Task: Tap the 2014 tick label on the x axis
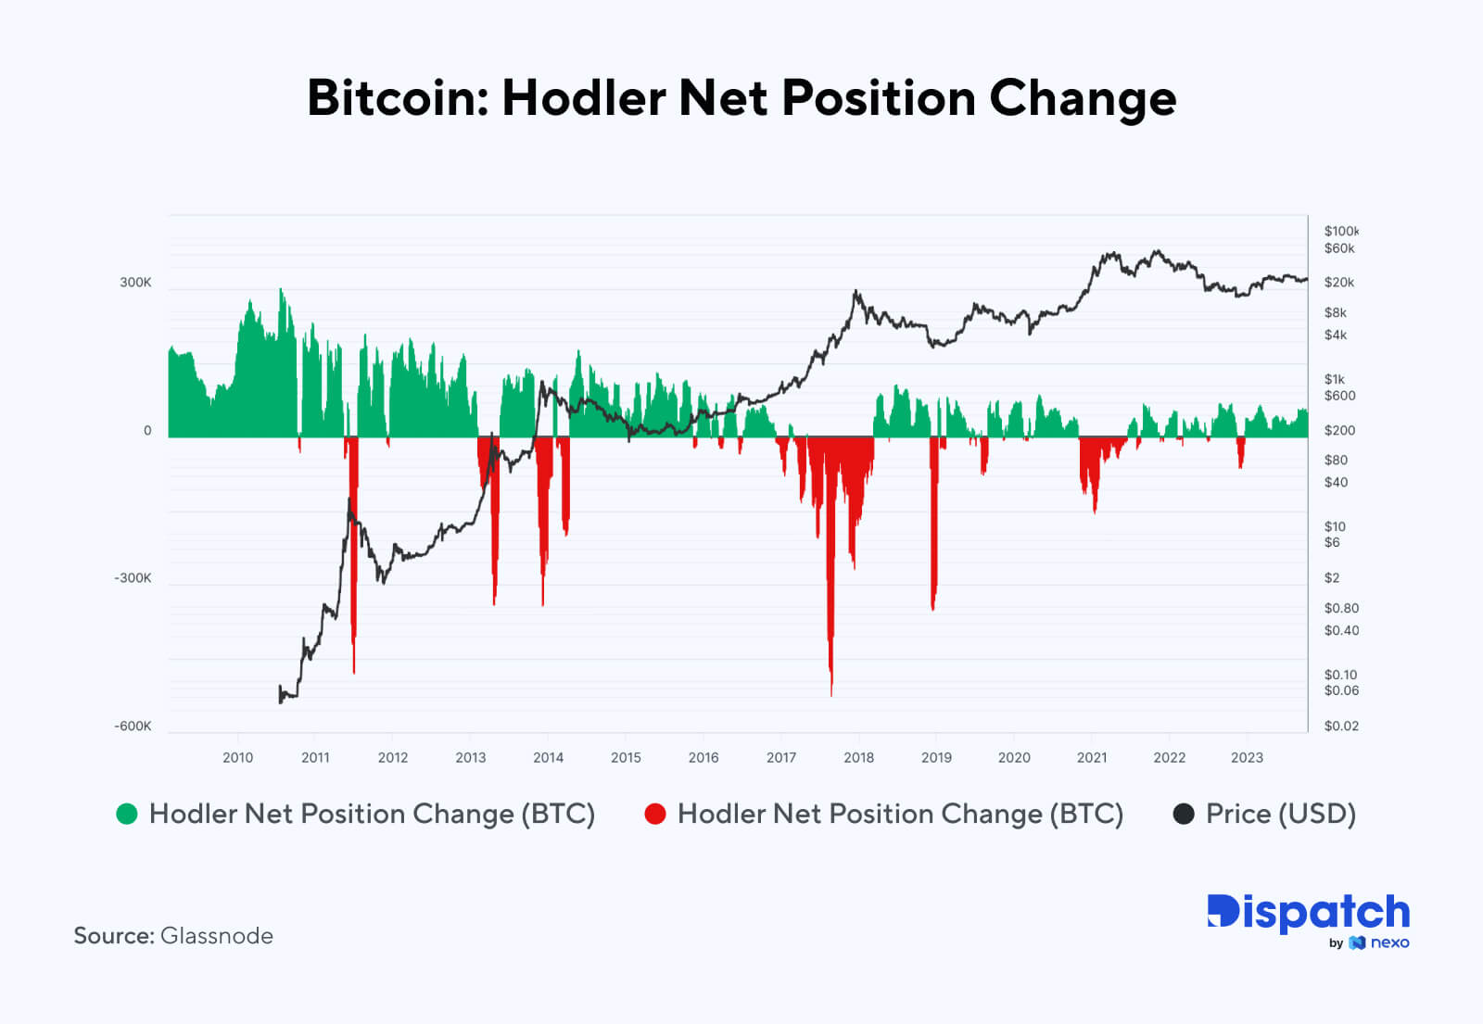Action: (548, 757)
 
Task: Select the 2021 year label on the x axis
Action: (1092, 757)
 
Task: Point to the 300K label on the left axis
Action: (135, 282)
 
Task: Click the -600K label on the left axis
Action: (133, 726)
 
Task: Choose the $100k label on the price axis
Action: (1340, 231)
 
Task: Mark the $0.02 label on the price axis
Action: (1341, 726)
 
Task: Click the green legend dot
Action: (127, 814)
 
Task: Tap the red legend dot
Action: (655, 814)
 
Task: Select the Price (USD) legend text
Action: (1280, 814)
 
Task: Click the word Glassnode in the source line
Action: (217, 935)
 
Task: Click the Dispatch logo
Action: (1308, 913)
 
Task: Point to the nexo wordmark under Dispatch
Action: (1389, 942)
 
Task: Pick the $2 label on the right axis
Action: (1332, 577)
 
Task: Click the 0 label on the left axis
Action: (147, 430)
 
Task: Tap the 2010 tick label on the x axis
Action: (237, 757)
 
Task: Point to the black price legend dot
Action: (1184, 814)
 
